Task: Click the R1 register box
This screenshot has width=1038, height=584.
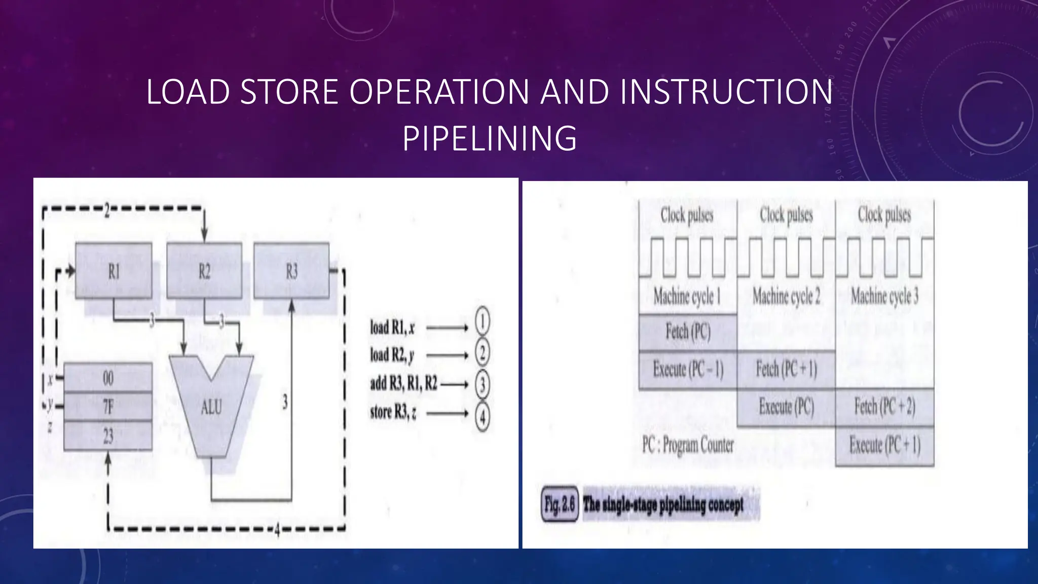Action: tap(114, 271)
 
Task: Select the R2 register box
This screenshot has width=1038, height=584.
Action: tap(204, 271)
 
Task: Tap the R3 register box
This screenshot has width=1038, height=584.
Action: tap(291, 271)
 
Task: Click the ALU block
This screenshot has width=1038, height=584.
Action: tap(211, 406)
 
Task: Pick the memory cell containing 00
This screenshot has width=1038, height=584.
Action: tap(108, 378)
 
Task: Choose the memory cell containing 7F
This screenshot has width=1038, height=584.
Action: tap(108, 406)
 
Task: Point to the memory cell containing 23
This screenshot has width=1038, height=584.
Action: tap(108, 435)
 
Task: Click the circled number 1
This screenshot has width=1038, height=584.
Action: tap(482, 321)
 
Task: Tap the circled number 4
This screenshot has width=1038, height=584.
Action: tap(482, 417)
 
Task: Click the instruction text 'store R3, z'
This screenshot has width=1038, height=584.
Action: tap(393, 412)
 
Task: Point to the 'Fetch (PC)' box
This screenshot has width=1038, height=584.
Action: tap(688, 332)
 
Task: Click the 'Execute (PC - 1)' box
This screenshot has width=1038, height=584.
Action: tap(688, 370)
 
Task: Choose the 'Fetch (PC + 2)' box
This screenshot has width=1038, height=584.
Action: tap(884, 407)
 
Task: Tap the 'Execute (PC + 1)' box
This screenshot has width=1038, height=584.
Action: tap(884, 446)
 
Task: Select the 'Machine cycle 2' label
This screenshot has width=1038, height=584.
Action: tap(786, 296)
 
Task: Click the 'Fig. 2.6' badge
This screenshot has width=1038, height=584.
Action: tap(560, 504)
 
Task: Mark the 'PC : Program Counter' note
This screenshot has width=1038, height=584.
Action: tap(688, 445)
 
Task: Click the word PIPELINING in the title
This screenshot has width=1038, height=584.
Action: tap(490, 138)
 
